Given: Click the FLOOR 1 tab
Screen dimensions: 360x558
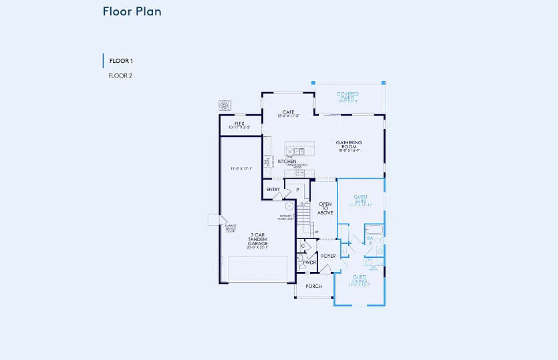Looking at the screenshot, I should tap(121, 61).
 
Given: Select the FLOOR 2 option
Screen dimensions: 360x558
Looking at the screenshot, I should tap(120, 76).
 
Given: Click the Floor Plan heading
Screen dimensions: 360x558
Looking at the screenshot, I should tap(132, 11).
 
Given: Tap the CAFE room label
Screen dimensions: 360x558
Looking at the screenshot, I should tap(288, 113).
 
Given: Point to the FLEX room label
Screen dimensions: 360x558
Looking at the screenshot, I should tap(239, 124).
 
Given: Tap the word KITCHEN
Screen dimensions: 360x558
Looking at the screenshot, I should tap(287, 162).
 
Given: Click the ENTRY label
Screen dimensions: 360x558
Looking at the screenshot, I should tap(273, 190).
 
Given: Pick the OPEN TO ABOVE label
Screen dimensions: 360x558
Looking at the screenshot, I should tap(325, 208).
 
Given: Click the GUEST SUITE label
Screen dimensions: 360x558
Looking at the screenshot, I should tap(361, 200).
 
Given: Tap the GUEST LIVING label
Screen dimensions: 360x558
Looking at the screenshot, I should tap(360, 280).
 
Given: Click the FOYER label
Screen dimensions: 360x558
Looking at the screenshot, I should tap(328, 256).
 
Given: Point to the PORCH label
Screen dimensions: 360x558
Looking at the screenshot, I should tap(313, 287).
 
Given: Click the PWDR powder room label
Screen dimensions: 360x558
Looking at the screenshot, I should tap(309, 262).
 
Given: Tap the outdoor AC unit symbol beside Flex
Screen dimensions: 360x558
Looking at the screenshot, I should tap(225, 106).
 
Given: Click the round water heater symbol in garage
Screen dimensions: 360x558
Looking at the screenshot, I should tap(289, 206).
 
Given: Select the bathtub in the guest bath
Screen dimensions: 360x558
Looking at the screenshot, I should tap(374, 231).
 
